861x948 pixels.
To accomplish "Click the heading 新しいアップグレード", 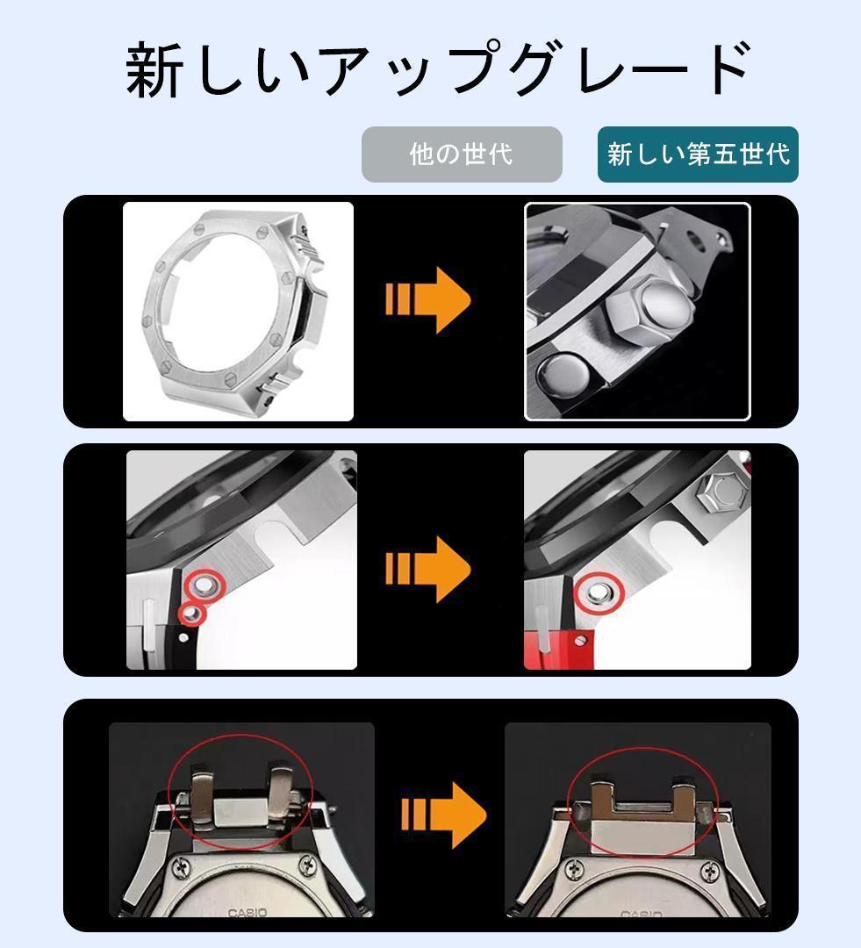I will click(436, 69).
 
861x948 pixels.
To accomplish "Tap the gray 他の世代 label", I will click(462, 154).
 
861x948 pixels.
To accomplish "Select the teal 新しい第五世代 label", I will click(698, 154).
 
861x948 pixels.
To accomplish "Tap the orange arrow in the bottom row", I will click(443, 814).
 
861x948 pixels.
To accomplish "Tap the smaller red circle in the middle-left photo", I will click(191, 614).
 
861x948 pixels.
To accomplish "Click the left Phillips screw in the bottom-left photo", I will click(183, 868).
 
